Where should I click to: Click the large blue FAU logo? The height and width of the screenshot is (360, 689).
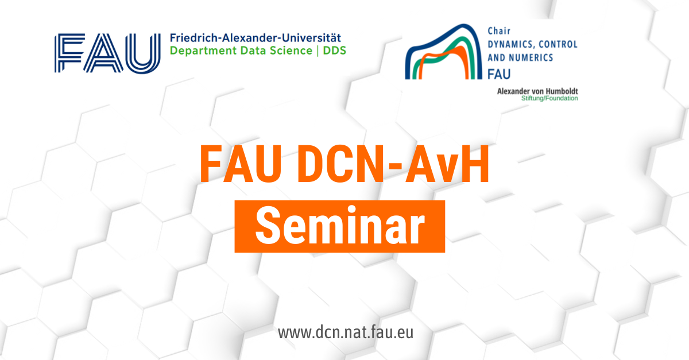[107, 53]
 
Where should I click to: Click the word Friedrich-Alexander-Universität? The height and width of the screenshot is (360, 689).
[256, 38]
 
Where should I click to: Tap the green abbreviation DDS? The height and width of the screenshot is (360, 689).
[334, 51]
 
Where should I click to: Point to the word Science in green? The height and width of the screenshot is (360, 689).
[291, 51]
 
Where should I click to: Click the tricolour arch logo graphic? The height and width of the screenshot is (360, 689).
[443, 52]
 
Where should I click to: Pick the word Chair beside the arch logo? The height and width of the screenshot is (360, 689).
[499, 31]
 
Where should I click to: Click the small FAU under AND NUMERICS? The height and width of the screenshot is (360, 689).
[499, 74]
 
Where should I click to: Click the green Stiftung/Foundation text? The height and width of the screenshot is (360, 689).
[549, 98]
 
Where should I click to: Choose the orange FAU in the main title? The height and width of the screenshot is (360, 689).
[241, 164]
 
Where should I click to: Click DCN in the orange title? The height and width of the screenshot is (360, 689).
[340, 164]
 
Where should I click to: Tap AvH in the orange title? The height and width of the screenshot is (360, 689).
[447, 164]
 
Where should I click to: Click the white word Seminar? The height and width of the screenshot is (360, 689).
[340, 226]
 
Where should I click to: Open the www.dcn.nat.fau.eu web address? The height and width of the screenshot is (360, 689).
[346, 333]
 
